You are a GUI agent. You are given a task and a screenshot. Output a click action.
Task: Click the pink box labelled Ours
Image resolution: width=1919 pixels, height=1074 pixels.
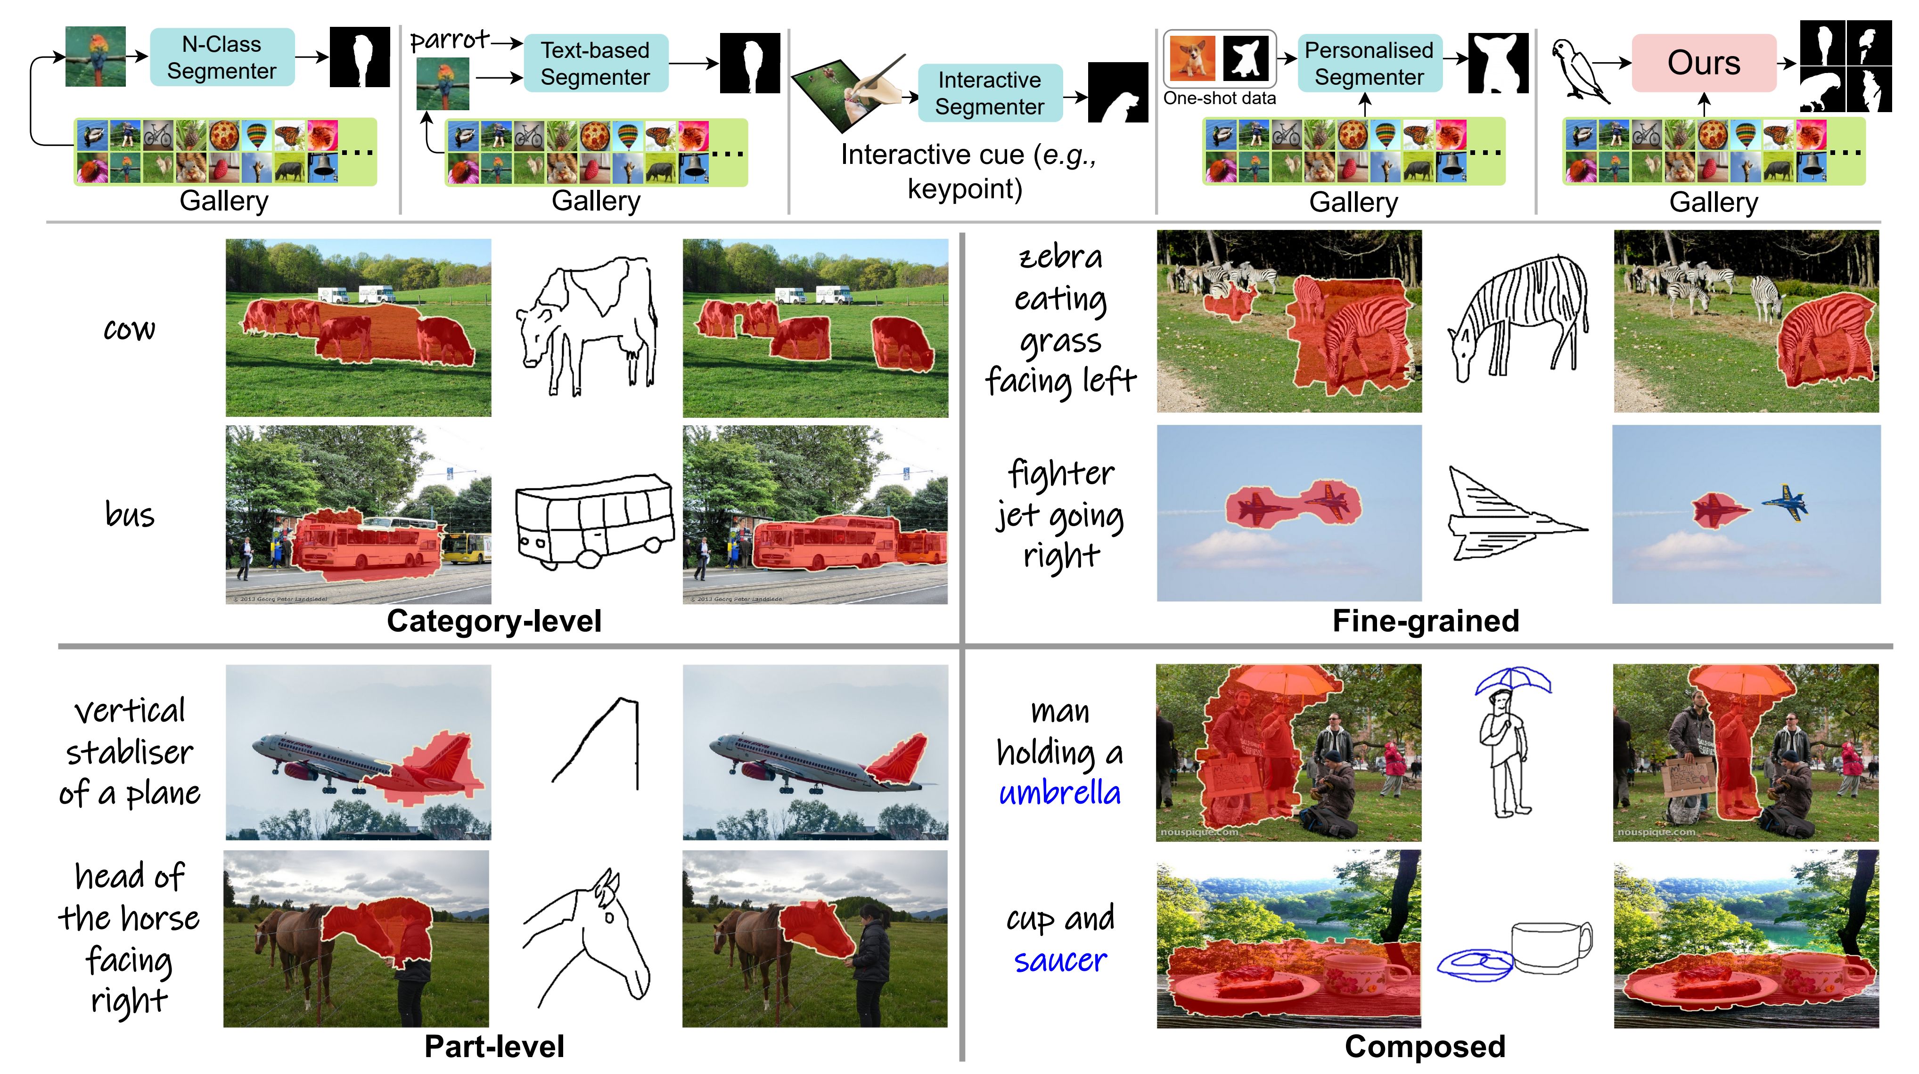pyautogui.click(x=1703, y=63)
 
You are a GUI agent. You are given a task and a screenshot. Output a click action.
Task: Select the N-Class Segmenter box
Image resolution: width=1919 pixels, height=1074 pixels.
pyautogui.click(x=222, y=57)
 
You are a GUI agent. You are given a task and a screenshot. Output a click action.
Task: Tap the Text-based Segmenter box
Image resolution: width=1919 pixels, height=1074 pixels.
pyautogui.click(x=595, y=63)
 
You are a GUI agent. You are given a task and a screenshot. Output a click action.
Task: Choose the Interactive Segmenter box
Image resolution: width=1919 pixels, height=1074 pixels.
pyautogui.click(x=989, y=93)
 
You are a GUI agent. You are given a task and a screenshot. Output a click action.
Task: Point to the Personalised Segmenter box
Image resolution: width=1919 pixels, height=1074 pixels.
pyautogui.click(x=1369, y=63)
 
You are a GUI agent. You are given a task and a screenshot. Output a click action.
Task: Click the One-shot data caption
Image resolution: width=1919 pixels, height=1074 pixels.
pyautogui.click(x=1220, y=98)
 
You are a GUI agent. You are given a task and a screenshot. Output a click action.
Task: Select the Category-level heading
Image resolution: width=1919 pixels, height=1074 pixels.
pyautogui.click(x=494, y=621)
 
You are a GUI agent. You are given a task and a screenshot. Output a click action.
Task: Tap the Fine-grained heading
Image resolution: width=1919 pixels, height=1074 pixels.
pyautogui.click(x=1425, y=621)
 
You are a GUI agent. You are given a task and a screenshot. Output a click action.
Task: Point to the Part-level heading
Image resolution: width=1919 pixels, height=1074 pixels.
pyautogui.click(x=494, y=1046)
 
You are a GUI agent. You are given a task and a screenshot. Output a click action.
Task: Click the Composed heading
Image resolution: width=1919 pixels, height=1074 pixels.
pyautogui.click(x=1425, y=1046)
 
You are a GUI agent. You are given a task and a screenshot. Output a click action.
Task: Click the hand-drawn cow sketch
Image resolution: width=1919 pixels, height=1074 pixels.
pyautogui.click(x=588, y=325)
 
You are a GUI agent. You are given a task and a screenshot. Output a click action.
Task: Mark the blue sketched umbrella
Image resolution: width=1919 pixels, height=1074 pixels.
pyautogui.click(x=1512, y=681)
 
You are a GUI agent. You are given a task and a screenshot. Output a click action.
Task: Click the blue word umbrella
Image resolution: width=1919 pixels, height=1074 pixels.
pyautogui.click(x=1059, y=793)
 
